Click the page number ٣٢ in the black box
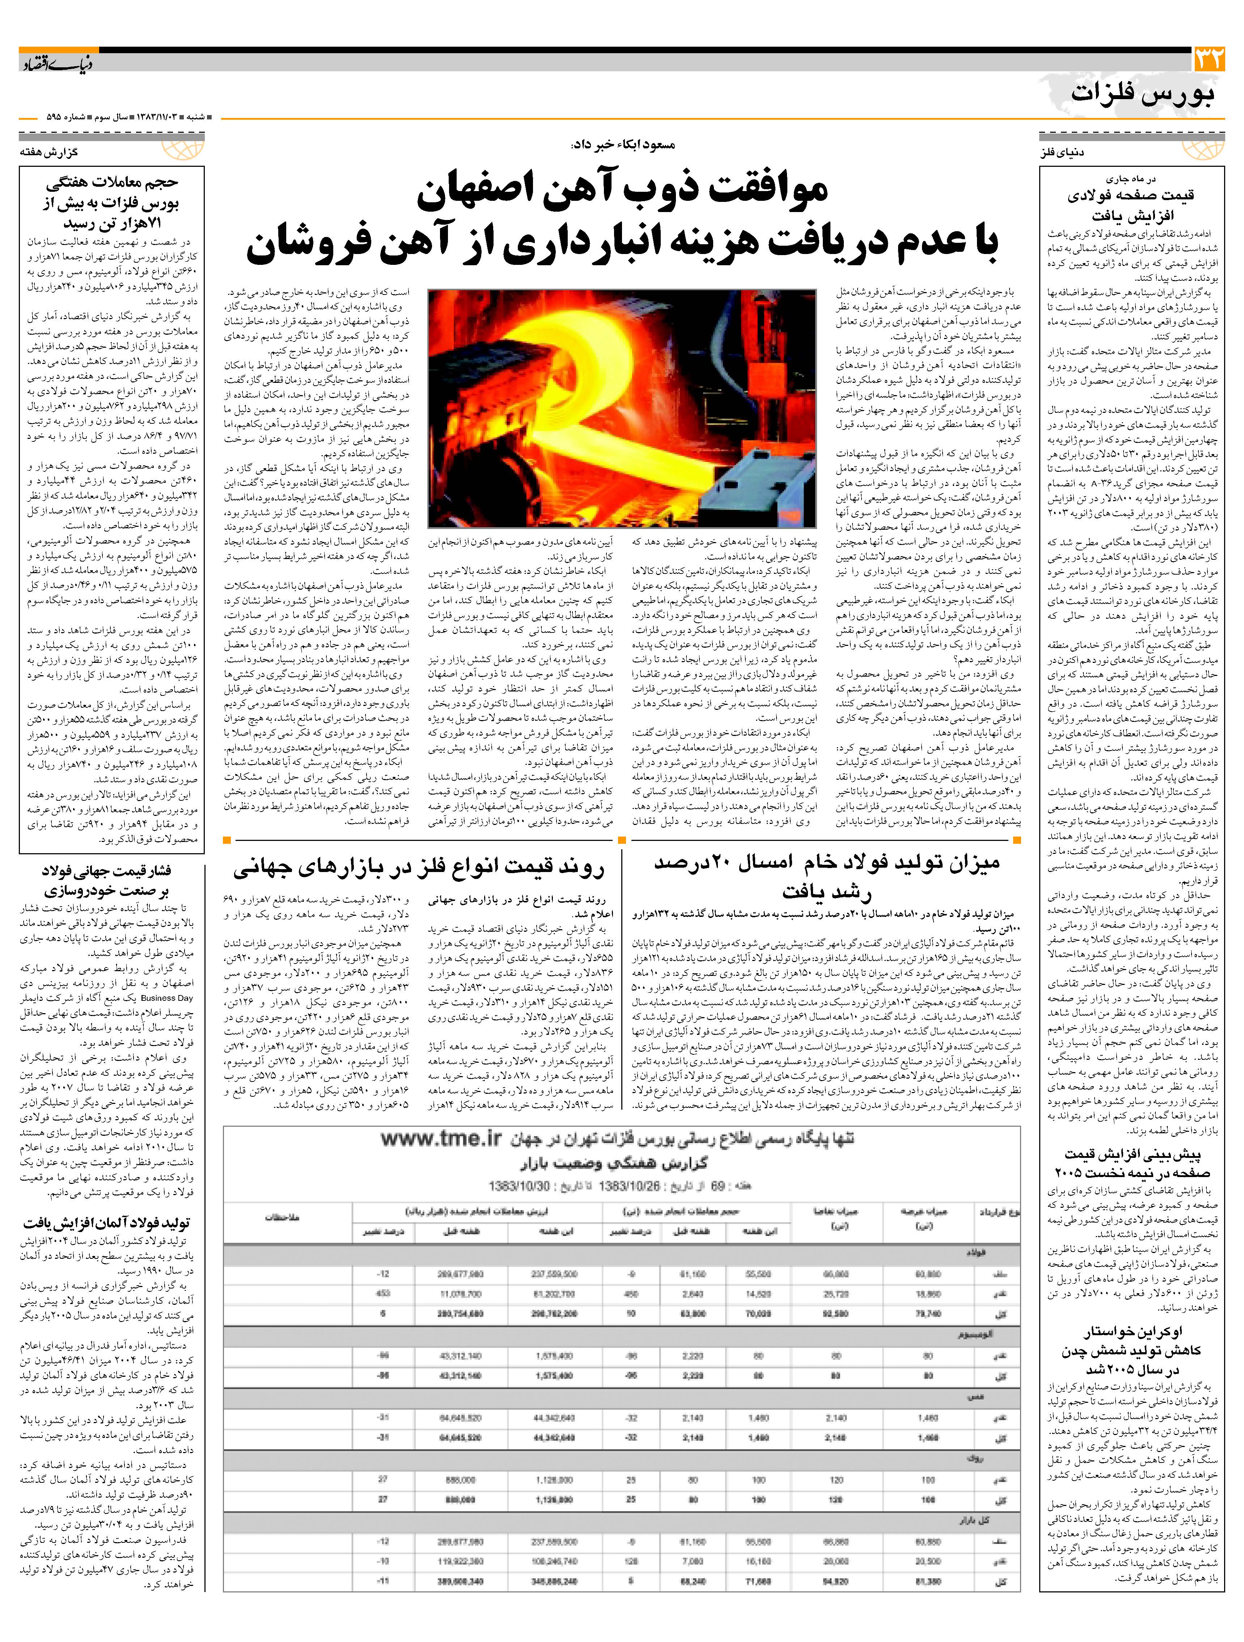1207,59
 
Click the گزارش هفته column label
50,152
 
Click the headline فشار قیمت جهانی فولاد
106,880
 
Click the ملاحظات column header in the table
282,1218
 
